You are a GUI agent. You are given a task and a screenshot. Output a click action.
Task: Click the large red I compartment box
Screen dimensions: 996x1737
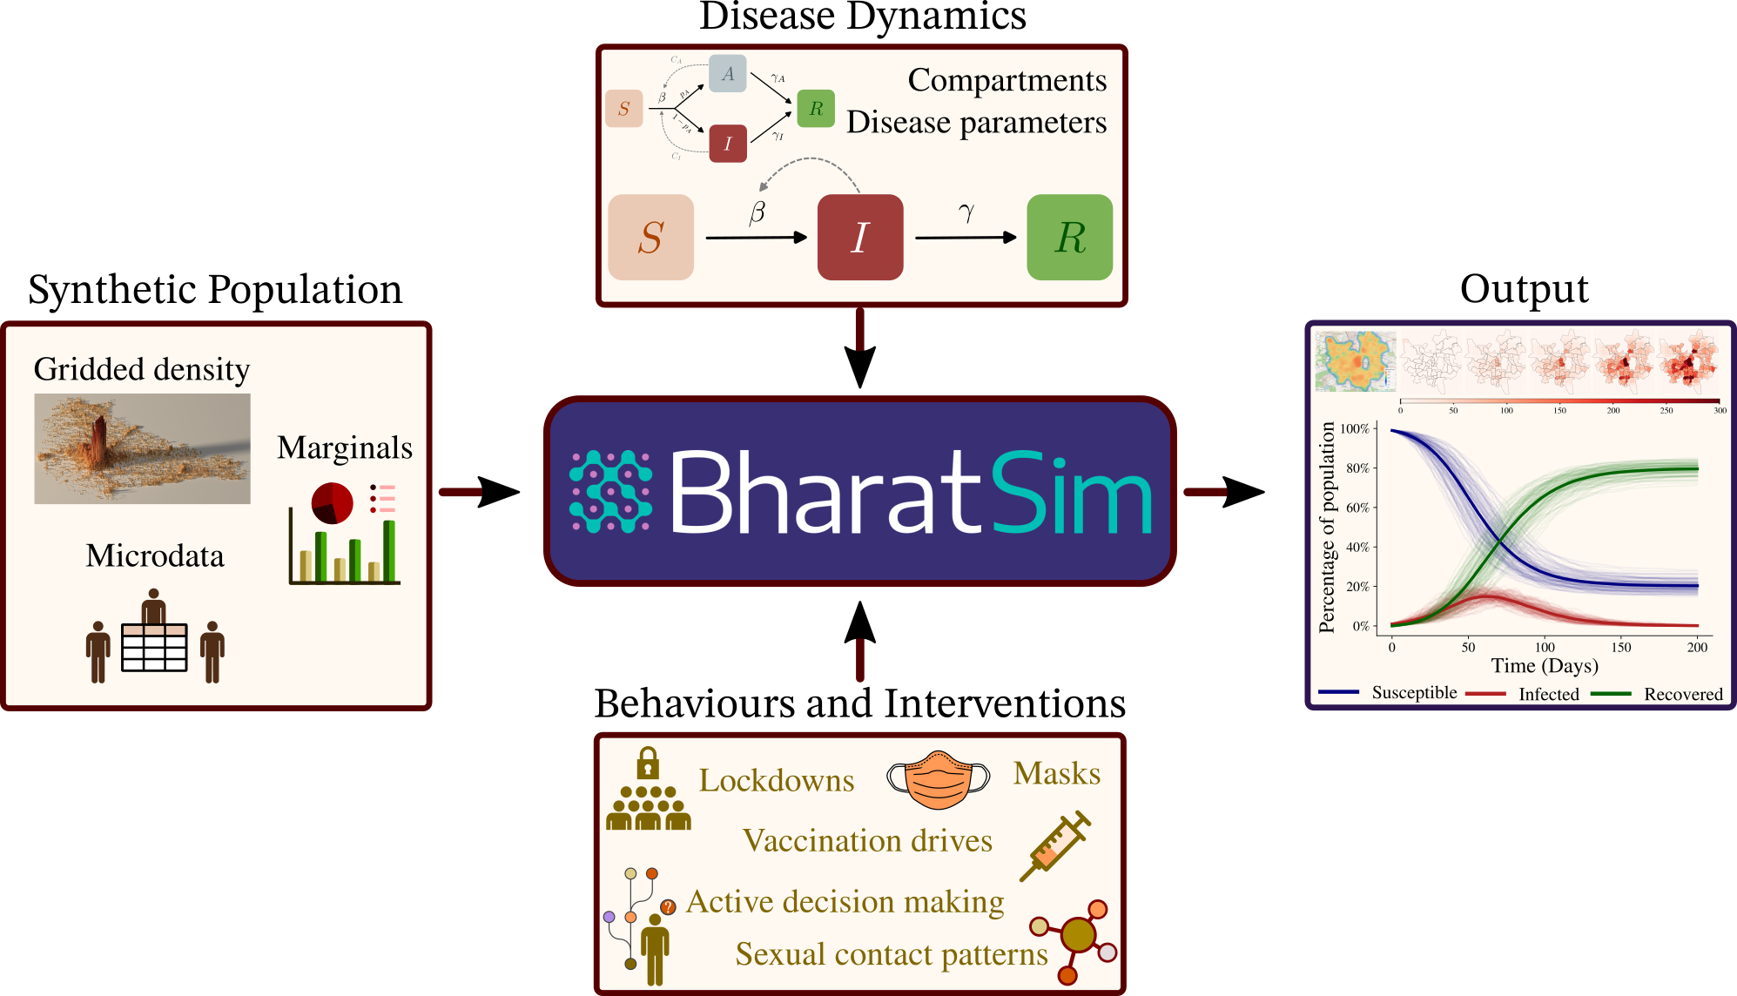859,237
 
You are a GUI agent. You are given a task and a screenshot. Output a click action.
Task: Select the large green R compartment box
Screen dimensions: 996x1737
1069,237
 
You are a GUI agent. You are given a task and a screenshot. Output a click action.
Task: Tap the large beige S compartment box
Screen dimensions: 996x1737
650,237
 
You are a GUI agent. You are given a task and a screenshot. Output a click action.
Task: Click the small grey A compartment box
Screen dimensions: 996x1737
727,74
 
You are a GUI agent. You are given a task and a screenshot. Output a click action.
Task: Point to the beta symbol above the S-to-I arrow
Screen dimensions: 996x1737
757,212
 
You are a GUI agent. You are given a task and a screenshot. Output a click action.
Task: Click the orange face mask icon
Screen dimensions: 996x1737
938,778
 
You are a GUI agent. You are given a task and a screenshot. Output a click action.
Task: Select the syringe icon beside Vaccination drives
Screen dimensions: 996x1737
1054,845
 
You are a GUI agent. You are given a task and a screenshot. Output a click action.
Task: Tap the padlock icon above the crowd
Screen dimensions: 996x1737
647,764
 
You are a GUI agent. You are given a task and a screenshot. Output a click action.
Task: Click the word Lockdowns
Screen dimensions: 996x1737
776,781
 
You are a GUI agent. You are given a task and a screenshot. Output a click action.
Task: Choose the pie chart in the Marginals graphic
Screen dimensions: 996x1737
332,503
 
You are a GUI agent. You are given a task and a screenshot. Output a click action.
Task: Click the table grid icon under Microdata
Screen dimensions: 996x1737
154,647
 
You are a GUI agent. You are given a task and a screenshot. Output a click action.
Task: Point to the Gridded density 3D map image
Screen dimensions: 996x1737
142,448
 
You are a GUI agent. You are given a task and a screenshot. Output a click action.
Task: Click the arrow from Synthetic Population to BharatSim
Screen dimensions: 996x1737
479,492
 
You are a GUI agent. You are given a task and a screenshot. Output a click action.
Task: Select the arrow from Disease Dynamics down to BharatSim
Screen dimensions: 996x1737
859,348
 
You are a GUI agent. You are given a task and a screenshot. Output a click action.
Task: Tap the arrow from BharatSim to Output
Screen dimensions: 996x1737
1223,492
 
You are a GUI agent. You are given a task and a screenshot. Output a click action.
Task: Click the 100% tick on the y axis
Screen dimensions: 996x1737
1356,428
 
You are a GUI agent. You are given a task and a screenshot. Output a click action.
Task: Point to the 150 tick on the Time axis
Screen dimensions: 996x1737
1620,647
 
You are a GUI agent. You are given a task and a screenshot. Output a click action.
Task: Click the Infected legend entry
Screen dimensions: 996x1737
1548,694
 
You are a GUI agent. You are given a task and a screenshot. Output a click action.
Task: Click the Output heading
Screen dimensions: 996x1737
1524,289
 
